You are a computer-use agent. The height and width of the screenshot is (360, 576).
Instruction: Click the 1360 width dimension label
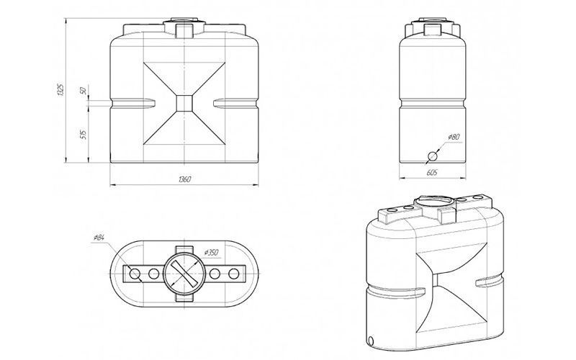pos(184,179)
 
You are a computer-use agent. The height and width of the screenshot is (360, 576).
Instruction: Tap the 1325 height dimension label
pos(61,90)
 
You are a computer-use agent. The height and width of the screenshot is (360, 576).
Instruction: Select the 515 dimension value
pos(83,134)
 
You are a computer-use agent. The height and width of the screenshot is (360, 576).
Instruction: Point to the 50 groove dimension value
pos(83,91)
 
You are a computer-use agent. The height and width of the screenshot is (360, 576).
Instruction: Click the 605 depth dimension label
pos(433,172)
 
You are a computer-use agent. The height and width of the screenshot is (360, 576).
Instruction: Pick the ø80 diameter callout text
pos(454,137)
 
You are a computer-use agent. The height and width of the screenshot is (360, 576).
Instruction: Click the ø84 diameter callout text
pos(99,238)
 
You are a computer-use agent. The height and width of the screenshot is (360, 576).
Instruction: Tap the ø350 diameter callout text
pos(211,253)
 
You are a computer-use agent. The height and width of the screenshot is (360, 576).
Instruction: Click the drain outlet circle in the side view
pos(432,156)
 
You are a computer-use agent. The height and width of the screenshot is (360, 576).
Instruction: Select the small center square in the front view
pos(184,103)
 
